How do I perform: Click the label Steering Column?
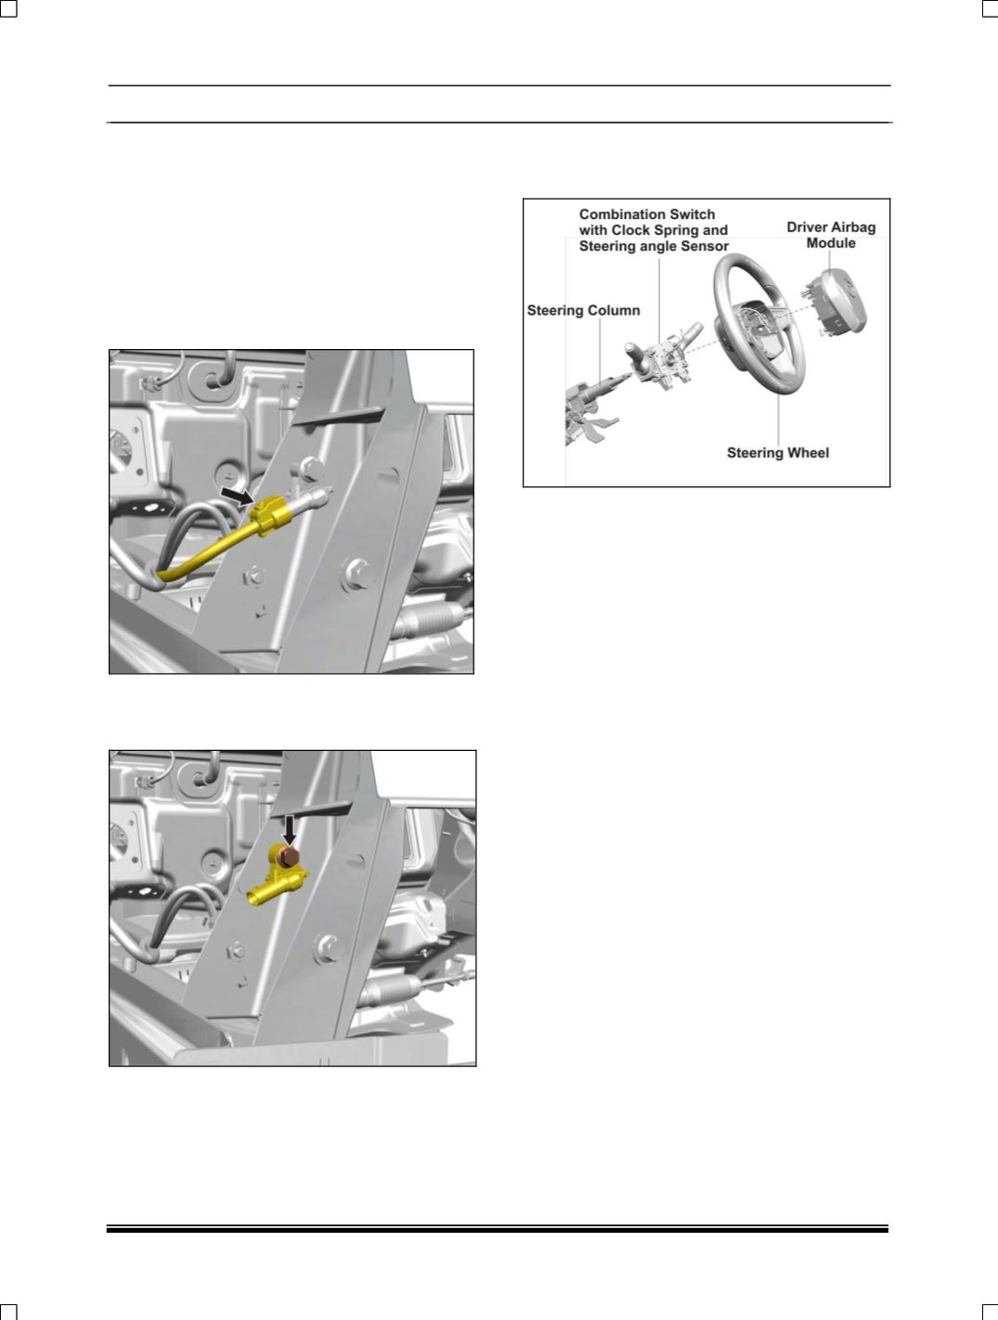click(x=583, y=310)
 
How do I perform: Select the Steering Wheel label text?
click(x=777, y=453)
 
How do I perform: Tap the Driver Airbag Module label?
click(x=831, y=235)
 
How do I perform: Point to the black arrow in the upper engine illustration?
click(x=237, y=498)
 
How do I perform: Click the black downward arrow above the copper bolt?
click(x=290, y=831)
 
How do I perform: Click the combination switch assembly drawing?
click(x=667, y=356)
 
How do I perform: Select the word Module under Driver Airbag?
click(x=831, y=243)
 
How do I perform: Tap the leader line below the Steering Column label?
click(x=600, y=350)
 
